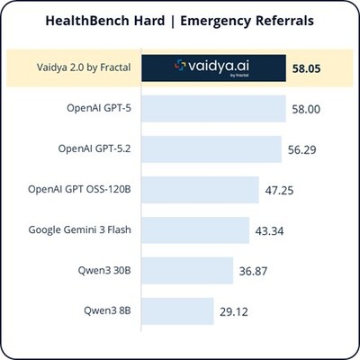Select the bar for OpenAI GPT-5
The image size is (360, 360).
[x=216, y=108]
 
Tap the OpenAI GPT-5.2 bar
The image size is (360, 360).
[x=212, y=148]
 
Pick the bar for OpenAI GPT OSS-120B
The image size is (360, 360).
[x=194, y=190]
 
